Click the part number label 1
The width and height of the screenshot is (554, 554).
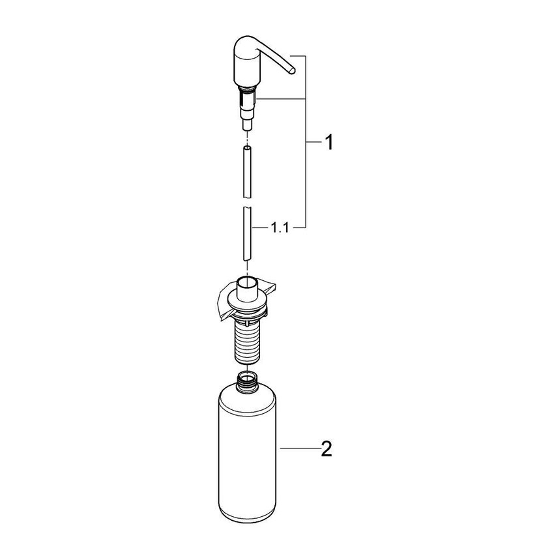(x=329, y=142)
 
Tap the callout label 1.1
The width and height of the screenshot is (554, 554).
(x=280, y=227)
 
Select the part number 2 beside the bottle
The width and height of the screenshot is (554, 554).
(x=327, y=448)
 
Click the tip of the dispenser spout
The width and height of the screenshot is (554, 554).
(x=293, y=69)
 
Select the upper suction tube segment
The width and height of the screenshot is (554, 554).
(x=248, y=172)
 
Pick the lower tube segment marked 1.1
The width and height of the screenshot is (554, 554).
(x=248, y=233)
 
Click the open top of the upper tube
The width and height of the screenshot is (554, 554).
(x=248, y=149)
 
